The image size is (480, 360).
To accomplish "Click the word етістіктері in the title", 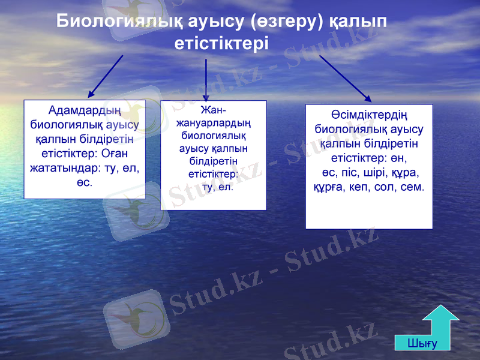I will coord(221,43).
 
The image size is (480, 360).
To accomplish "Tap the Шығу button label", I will coord(422,343).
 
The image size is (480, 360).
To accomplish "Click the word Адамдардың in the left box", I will coord(85,111).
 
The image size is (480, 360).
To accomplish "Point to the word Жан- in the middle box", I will coord(213,111).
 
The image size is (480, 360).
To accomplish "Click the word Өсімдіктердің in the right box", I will coord(369,115).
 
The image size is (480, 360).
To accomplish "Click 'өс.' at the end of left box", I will coord(85,182).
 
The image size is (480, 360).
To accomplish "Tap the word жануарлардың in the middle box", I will coord(213,123).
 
